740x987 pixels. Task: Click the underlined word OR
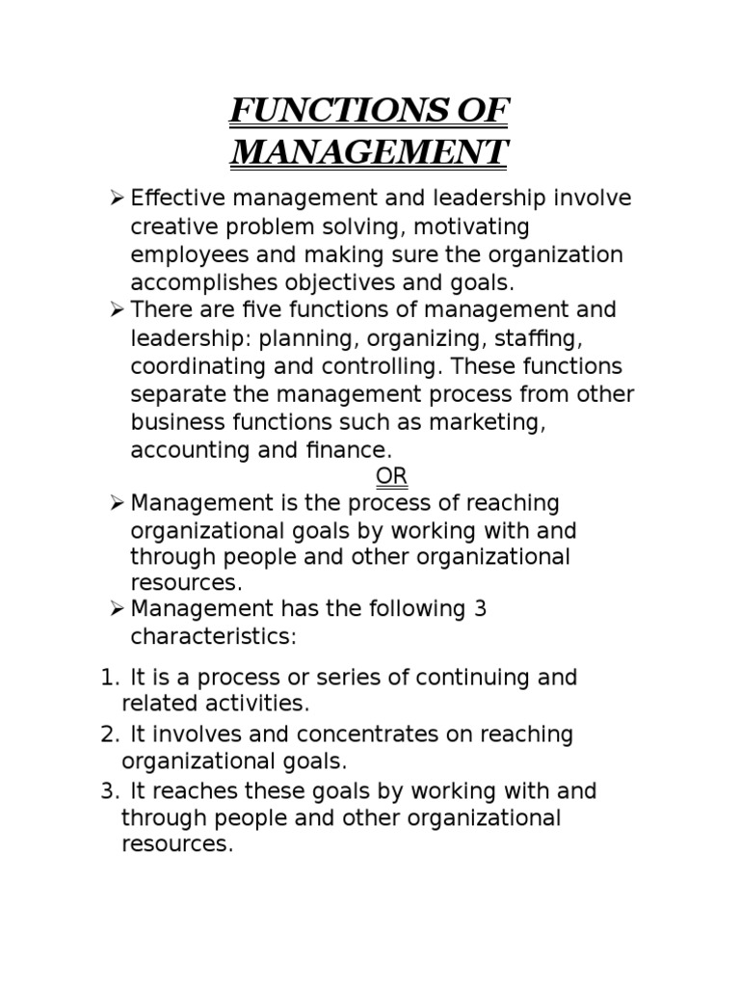pos(391,476)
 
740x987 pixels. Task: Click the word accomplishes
pos(202,282)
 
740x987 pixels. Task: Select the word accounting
pos(190,451)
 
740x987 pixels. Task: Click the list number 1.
pos(107,678)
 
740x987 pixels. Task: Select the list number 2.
pos(107,734)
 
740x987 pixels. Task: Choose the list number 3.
pos(107,791)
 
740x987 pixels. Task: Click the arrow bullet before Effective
pos(118,200)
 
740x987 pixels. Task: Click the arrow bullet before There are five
pos(118,311)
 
